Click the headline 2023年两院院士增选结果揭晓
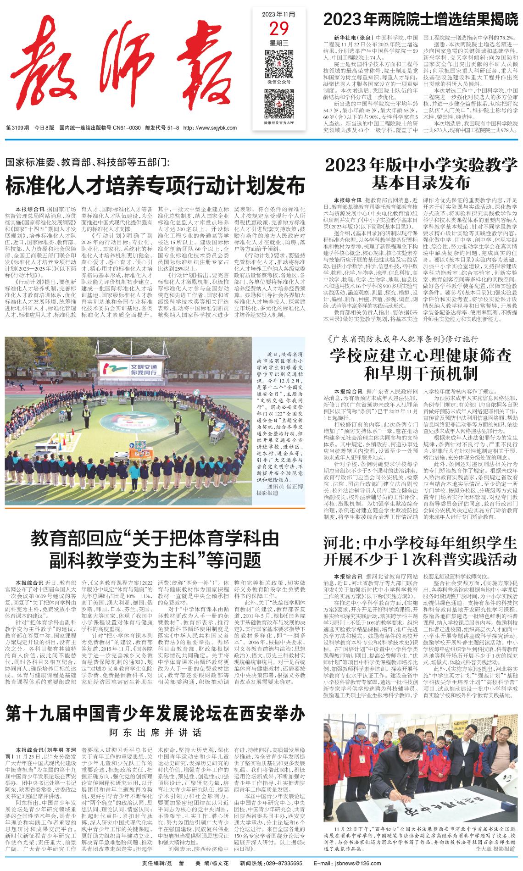[420, 19]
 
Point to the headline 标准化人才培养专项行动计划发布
[155, 186]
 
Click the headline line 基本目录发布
[421, 183]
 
